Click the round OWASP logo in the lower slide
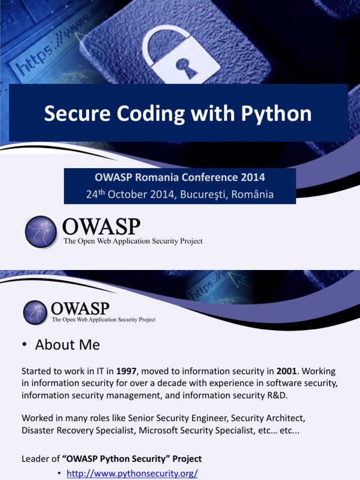click(x=35, y=313)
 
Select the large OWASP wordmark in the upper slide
click(x=101, y=227)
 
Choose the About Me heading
click(x=67, y=345)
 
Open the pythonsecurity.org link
click(x=132, y=474)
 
